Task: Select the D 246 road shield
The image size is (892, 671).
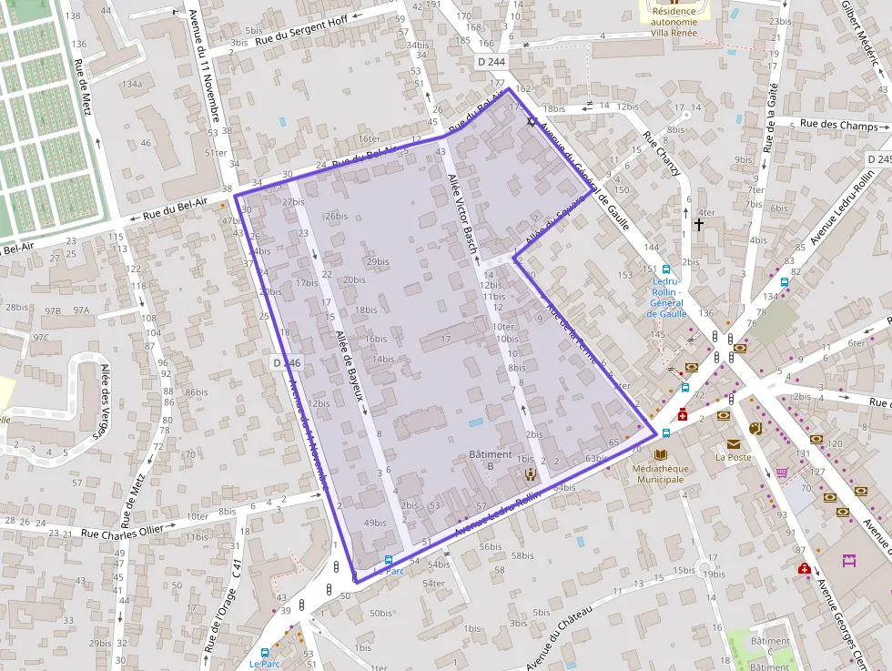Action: click(286, 362)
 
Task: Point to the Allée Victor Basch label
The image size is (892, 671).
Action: click(464, 212)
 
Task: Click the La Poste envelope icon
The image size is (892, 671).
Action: click(733, 443)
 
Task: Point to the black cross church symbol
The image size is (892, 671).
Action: click(699, 223)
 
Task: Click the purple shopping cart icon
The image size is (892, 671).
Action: click(782, 473)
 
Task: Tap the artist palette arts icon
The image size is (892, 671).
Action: click(755, 428)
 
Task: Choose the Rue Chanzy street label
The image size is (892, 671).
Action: click(662, 154)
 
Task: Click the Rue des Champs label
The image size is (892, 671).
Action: click(838, 125)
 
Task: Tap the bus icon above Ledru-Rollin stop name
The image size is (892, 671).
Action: click(666, 269)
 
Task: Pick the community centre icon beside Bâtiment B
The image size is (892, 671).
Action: click(530, 473)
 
